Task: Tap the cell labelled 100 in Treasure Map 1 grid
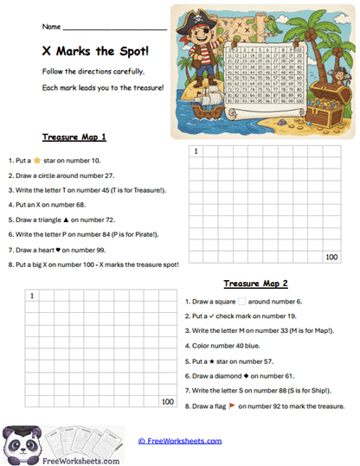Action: (331, 257)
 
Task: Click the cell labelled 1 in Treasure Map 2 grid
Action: (32, 297)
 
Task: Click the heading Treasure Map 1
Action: (74, 137)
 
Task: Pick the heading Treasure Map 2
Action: (255, 284)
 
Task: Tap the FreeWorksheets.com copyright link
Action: (179, 441)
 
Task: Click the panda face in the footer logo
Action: (18, 442)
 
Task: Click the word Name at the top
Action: (51, 27)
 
